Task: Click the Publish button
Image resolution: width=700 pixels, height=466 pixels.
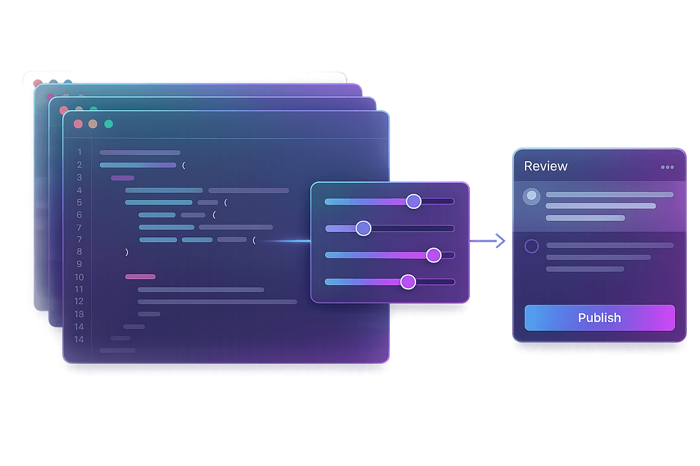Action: (x=599, y=318)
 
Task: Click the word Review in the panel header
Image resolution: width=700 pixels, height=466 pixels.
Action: (x=546, y=166)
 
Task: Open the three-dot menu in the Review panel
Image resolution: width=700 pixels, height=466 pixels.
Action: (x=667, y=167)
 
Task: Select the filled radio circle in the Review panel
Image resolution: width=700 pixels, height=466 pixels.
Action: (x=531, y=196)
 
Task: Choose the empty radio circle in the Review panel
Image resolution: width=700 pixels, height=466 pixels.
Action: (x=531, y=246)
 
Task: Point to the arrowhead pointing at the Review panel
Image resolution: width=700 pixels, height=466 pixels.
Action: (x=501, y=241)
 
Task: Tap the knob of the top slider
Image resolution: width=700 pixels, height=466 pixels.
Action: (x=413, y=201)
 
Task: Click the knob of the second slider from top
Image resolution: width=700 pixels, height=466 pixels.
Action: (x=363, y=228)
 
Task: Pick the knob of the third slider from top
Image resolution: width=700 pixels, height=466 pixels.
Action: (x=433, y=255)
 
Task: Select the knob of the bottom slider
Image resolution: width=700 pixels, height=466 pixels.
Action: (x=408, y=282)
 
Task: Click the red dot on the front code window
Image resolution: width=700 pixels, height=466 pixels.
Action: (x=78, y=124)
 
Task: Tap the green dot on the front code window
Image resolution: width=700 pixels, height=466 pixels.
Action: (x=108, y=124)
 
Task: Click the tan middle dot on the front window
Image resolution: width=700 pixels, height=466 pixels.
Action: (x=93, y=124)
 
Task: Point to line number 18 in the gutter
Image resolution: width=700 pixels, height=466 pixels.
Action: (x=79, y=314)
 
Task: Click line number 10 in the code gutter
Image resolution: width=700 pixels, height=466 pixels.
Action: (x=79, y=277)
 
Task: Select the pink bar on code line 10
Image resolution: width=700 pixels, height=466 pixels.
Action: (x=140, y=277)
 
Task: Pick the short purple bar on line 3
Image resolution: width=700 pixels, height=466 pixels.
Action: (x=123, y=178)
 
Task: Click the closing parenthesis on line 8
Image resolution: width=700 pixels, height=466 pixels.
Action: (x=127, y=252)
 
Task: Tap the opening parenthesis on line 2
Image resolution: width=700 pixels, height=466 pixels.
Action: (x=184, y=166)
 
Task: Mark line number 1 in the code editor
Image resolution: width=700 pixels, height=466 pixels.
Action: (x=79, y=152)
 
